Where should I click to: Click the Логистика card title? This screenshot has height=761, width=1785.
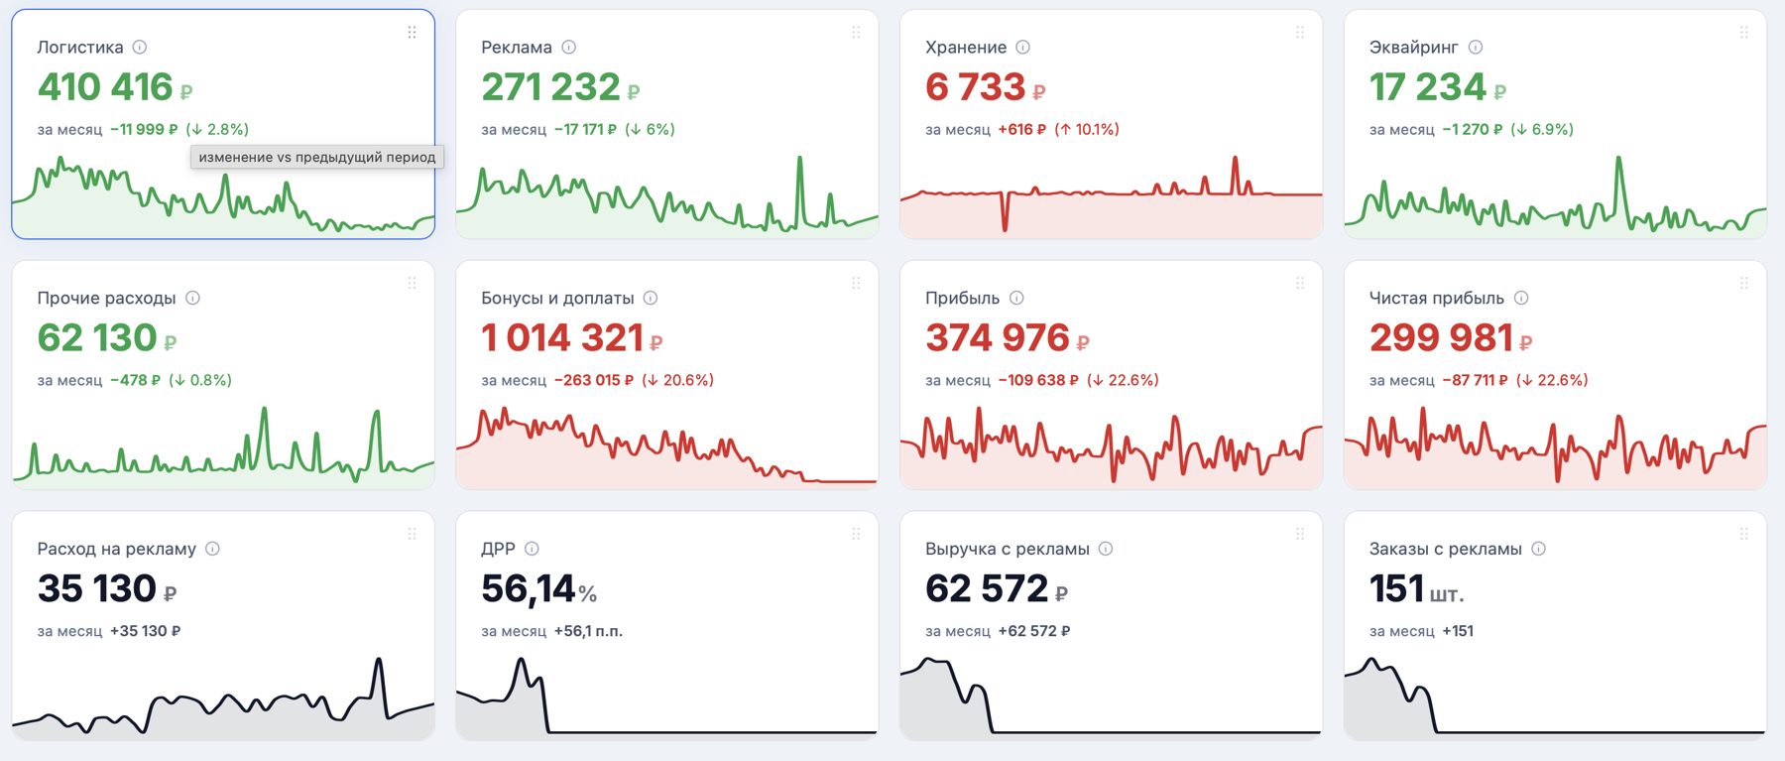pos(80,47)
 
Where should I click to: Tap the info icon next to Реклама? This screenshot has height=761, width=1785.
pos(568,47)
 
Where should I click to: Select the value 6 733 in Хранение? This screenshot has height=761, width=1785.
pos(975,87)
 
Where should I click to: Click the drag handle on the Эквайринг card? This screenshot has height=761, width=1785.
pos(1743,33)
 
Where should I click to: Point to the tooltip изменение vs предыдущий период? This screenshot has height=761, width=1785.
pos(317,157)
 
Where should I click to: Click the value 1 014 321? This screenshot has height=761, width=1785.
pos(562,338)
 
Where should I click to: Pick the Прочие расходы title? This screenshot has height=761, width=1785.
pos(106,298)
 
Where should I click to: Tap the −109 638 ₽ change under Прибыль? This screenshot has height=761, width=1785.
pos(1038,380)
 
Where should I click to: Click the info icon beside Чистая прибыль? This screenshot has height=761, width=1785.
pos(1521,298)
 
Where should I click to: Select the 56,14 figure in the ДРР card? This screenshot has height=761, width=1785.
pos(528,589)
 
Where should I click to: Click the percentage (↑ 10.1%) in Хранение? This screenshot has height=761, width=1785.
pos(1087,129)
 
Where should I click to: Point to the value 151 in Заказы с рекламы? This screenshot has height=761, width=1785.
pos(1396,589)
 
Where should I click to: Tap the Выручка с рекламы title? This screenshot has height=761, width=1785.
pos(1007,549)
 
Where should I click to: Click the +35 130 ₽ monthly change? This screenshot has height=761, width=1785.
pos(145,631)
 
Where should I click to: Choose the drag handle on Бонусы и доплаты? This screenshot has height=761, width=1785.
pos(855,284)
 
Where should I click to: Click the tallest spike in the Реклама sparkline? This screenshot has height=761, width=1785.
pos(800,158)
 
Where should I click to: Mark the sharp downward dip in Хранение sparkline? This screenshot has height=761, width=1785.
pos(1006,228)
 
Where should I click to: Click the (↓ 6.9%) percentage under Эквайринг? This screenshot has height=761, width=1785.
pos(1542,129)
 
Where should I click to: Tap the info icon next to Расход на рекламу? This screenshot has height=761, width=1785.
pos(212,549)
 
